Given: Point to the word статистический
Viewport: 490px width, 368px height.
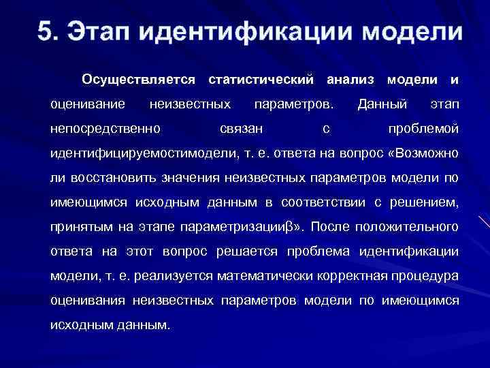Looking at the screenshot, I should click(261, 80).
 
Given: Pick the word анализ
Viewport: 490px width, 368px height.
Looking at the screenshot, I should click(350, 80).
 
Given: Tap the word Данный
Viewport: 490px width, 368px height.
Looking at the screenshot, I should click(382, 105).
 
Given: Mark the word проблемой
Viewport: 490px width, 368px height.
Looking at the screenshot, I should click(423, 129).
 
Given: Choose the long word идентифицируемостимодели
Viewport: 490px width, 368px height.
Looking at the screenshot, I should click(143, 153).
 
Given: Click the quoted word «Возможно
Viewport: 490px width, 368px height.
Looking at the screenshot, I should click(422, 153).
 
